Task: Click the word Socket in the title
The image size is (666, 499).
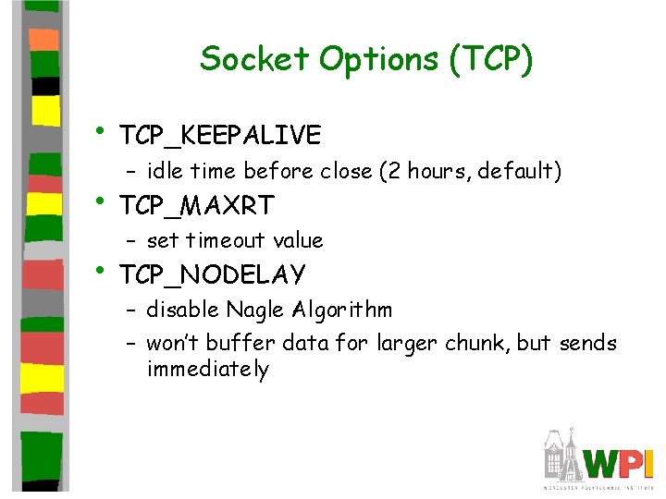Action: (254, 58)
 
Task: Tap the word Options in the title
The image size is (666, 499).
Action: (378, 61)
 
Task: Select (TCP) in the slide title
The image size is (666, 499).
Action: (491, 60)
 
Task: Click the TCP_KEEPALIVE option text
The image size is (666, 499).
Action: (220, 135)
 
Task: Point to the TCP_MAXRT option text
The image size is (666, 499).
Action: (197, 206)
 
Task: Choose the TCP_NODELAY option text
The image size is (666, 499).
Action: (213, 274)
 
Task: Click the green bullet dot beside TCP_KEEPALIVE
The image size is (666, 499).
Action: (100, 130)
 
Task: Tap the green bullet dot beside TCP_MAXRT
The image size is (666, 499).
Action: (100, 201)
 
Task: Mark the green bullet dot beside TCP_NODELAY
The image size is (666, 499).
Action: (100, 270)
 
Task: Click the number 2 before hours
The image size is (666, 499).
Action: (394, 171)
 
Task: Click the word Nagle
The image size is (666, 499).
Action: (255, 310)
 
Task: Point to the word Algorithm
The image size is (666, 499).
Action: (342, 310)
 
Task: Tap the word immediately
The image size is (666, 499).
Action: (208, 369)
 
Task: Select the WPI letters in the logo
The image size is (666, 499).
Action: (618, 464)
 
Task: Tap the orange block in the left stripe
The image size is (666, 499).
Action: (43, 40)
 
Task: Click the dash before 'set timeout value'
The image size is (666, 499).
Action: (130, 241)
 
